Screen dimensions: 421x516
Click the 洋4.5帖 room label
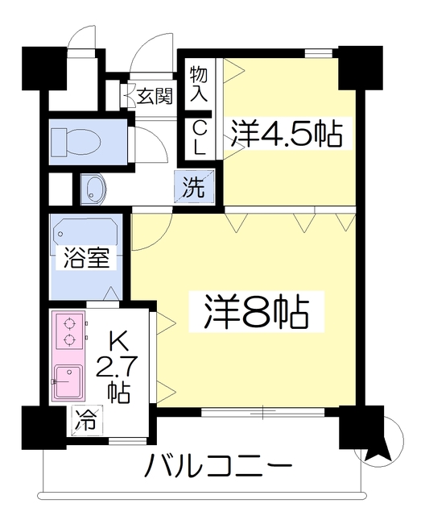287,134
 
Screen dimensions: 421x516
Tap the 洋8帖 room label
256,312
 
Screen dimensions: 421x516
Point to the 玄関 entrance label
154,96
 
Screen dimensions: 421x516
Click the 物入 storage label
199,83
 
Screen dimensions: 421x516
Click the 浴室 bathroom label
86,258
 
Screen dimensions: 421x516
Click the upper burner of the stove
69,323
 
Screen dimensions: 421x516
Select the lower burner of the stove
69,339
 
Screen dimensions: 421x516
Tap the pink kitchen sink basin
68,381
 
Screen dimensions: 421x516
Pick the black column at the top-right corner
361,68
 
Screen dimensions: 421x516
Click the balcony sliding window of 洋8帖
263,412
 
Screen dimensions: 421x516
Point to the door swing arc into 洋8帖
160,241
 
